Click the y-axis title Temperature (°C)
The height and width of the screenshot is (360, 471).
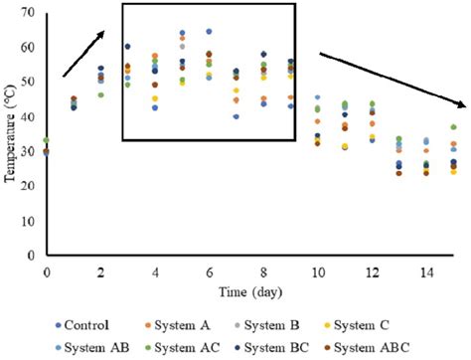9,134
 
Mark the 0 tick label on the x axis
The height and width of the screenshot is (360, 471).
46,271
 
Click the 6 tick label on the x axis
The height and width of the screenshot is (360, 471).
209,271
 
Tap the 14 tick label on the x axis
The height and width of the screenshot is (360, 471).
425,271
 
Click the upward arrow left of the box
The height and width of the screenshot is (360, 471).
85,52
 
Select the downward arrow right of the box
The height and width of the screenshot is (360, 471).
393,79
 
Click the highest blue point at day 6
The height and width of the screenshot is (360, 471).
209,32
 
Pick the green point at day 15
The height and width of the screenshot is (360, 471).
453,127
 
